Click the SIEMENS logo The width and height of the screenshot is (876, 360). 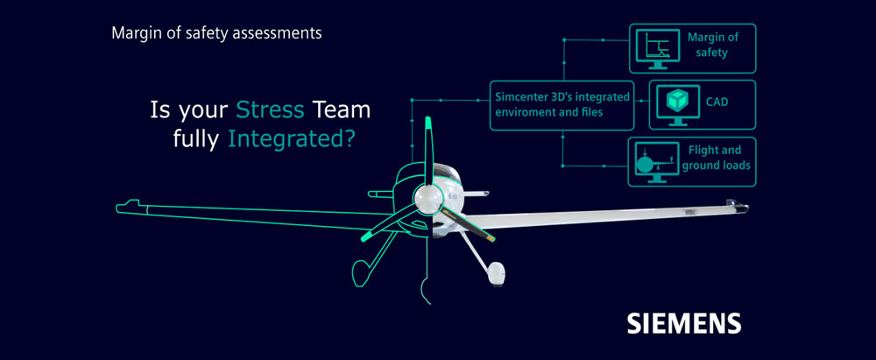(684, 323)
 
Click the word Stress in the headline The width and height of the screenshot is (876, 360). (269, 109)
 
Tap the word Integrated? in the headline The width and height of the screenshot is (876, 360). (291, 139)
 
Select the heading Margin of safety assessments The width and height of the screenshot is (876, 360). (216, 33)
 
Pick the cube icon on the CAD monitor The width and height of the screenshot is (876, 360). (678, 101)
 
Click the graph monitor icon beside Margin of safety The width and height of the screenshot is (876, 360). (658, 49)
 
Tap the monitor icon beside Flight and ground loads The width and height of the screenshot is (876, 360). (656, 161)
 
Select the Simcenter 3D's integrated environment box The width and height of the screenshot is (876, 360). (562, 104)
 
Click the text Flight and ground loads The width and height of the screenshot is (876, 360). (715, 157)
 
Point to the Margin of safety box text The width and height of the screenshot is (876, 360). (712, 46)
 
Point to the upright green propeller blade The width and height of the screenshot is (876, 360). (428, 151)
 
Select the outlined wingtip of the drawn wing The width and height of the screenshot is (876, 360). (128, 206)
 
